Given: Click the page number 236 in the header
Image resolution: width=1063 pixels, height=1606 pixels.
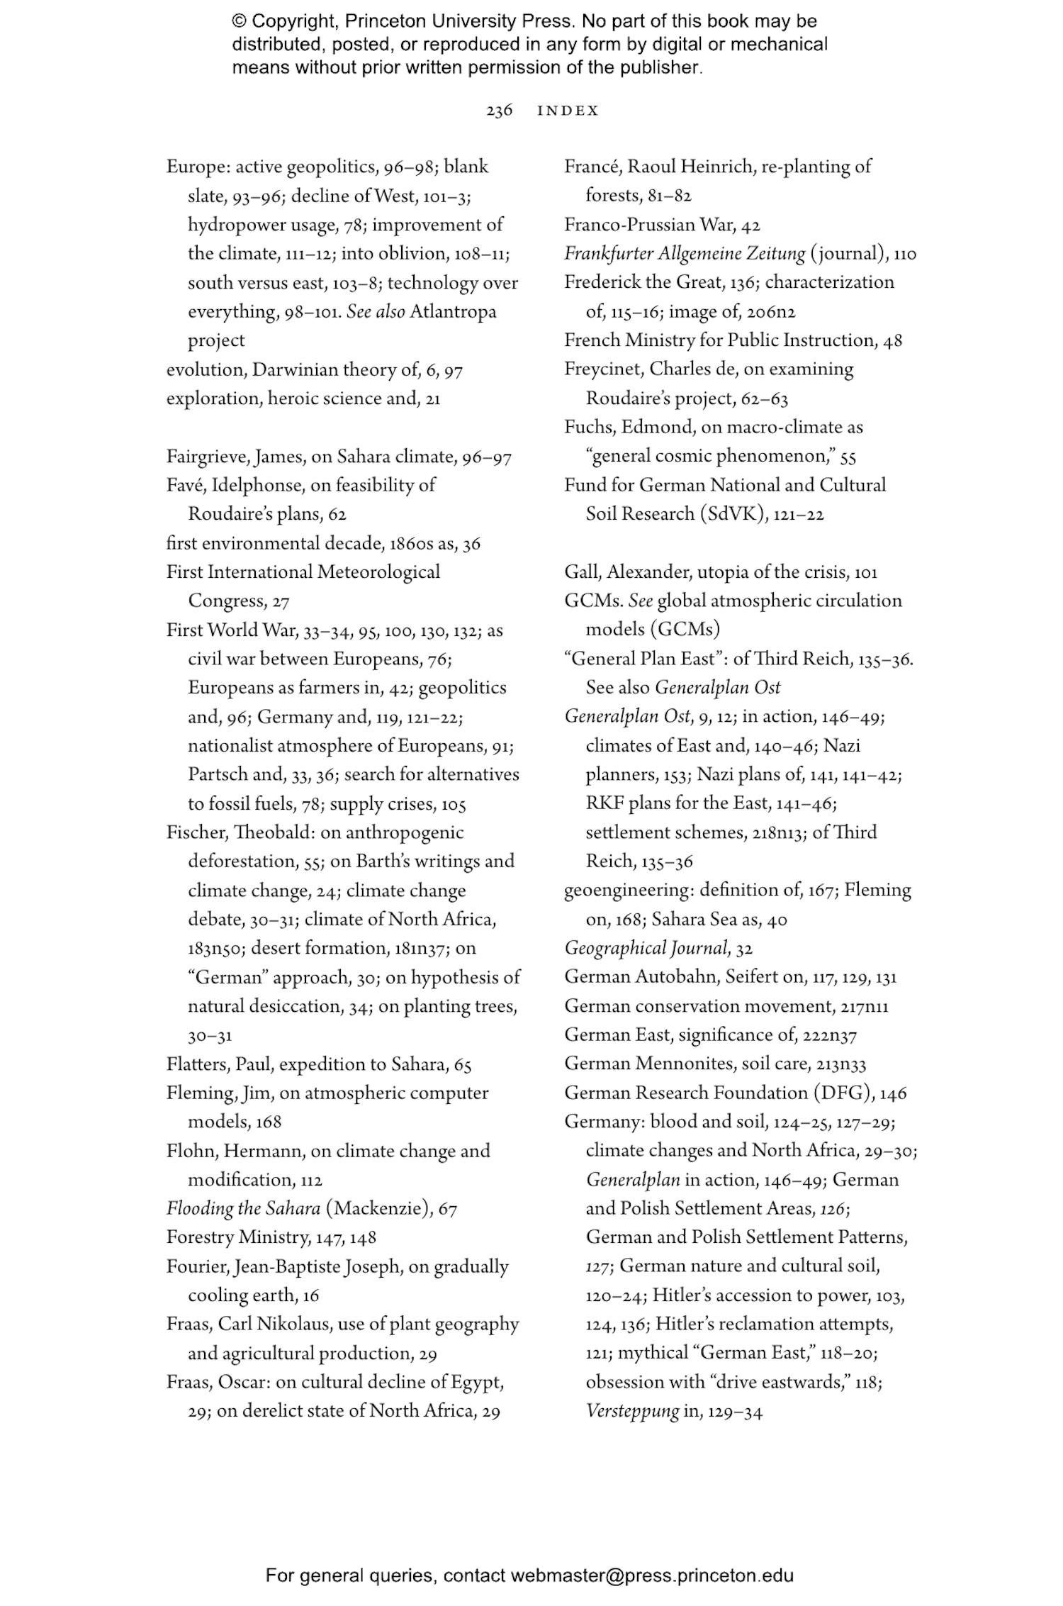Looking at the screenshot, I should click(x=499, y=111).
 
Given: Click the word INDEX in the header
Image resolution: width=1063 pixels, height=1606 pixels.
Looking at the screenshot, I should click(x=568, y=111).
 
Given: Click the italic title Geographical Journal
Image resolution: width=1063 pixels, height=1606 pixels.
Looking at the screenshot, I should click(x=647, y=948).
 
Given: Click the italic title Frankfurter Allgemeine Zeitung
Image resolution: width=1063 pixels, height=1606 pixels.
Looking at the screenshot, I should click(x=685, y=253).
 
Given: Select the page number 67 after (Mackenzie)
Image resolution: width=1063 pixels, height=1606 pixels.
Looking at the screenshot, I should click(x=447, y=1209).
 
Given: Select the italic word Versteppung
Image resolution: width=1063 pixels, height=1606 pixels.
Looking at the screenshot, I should click(x=632, y=1411).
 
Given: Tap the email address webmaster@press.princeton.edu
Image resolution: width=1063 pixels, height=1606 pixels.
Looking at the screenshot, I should click(x=651, y=1576).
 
